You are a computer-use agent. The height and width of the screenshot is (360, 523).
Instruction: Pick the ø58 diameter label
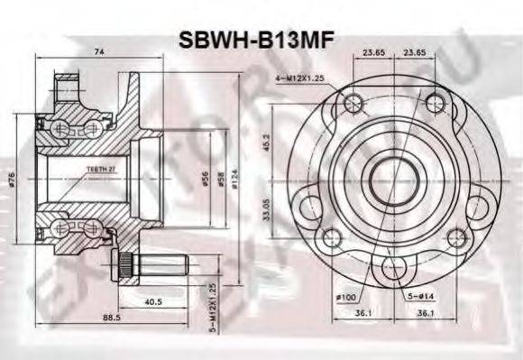pyautogui.click(x=220, y=177)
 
